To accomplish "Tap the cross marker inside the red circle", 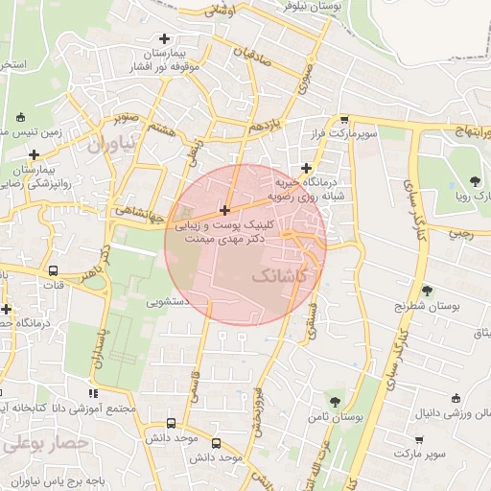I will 225,210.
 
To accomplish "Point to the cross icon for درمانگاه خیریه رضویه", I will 306,168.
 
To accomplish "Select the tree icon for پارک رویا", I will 477,181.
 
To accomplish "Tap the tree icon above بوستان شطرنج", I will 426,290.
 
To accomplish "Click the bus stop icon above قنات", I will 53,270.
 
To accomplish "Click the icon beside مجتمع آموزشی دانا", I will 93,393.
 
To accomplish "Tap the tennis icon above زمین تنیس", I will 21,119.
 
